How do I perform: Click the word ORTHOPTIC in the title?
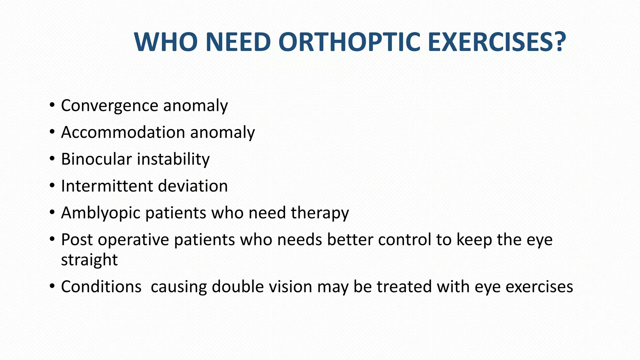(349, 42)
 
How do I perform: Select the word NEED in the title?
(238, 42)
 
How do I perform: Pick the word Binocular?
(97, 159)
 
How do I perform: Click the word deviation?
(193, 186)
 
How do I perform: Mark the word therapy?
(320, 213)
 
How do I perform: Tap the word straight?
(89, 260)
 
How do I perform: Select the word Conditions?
(101, 287)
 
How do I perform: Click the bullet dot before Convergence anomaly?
(52, 105)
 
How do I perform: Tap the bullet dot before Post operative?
(52, 239)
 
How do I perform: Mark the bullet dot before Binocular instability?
(52, 158)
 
